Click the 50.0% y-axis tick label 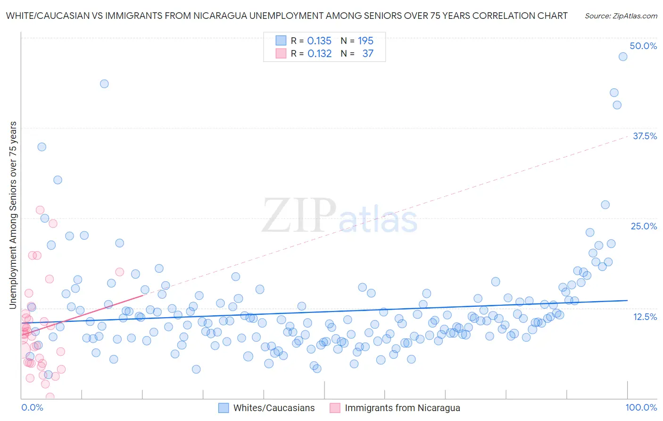coord(643,46)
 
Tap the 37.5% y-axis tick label coord(645,136)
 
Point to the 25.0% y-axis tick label coord(644,226)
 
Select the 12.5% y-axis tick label coord(645,317)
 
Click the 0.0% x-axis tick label coord(32,407)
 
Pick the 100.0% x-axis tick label coord(641,407)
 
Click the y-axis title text coord(13,215)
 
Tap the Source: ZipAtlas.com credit coord(621,16)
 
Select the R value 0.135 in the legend coord(319,41)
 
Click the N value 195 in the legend coord(365,41)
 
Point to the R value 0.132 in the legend coord(319,53)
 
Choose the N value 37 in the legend coord(368,53)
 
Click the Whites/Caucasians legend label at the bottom coord(274,408)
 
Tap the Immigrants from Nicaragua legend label coord(402,408)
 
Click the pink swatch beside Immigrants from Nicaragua coord(335,408)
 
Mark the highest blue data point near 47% coord(623,57)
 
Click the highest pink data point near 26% coord(40,210)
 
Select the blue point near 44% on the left coord(104,84)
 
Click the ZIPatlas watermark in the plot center coord(340,216)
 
